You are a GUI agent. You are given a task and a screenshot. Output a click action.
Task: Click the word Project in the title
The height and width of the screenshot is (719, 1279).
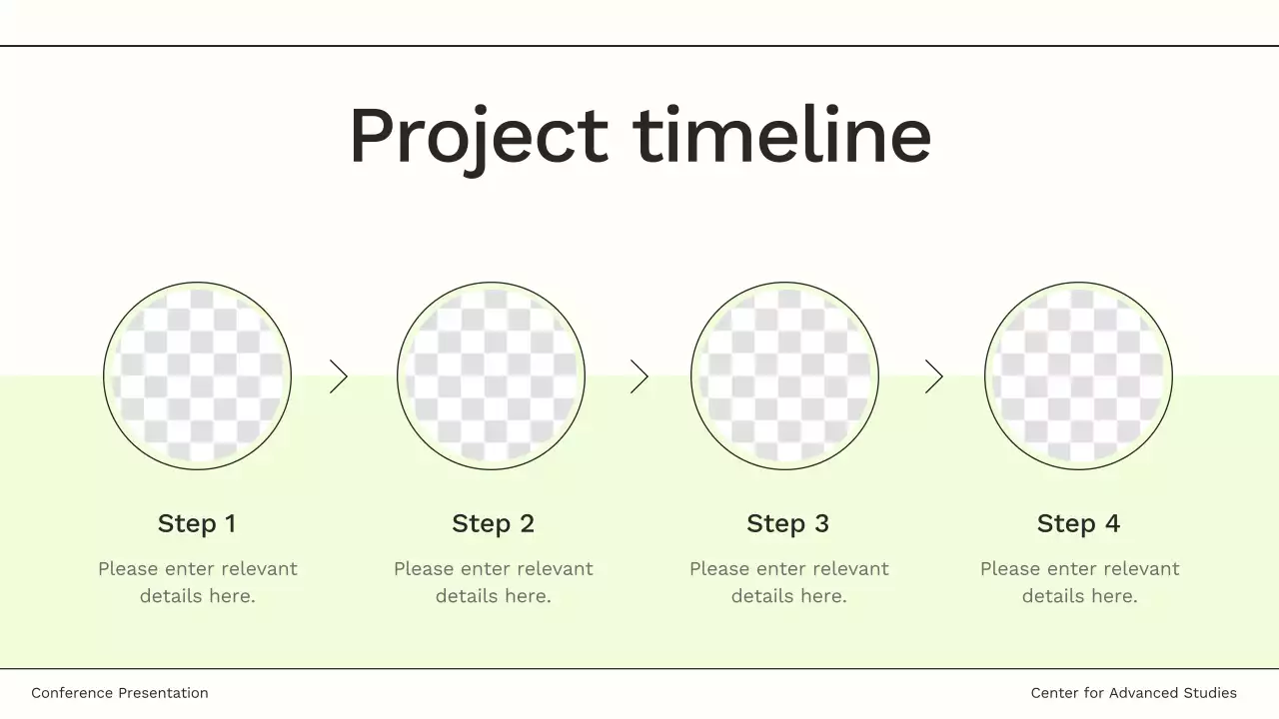click(x=478, y=136)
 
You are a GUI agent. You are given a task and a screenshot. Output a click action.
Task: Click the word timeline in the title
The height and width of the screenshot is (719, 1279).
click(x=782, y=136)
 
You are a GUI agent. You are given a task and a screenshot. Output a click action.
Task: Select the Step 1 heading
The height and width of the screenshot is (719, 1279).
click(x=197, y=523)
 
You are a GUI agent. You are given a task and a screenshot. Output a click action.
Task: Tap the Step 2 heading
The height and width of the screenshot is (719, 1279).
click(x=493, y=523)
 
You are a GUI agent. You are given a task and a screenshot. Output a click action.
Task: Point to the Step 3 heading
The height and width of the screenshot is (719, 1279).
click(x=787, y=523)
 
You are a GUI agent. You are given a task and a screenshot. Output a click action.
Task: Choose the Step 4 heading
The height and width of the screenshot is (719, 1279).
click(x=1078, y=523)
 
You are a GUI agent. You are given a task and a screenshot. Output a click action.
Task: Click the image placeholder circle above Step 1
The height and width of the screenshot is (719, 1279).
click(x=197, y=375)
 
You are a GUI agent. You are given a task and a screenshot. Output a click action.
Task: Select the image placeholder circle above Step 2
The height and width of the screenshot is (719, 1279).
click(x=491, y=375)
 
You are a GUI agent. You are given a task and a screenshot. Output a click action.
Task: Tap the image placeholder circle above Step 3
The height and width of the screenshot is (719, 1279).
click(x=784, y=375)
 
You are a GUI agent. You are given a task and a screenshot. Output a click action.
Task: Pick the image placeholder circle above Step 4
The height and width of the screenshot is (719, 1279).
click(x=1078, y=375)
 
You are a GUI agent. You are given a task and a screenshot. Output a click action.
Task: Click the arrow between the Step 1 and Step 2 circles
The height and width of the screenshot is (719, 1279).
click(x=339, y=376)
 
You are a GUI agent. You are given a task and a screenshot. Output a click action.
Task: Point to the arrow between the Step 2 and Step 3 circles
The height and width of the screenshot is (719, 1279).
click(x=639, y=376)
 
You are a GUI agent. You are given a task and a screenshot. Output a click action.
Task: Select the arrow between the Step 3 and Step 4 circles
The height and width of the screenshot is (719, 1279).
click(x=934, y=376)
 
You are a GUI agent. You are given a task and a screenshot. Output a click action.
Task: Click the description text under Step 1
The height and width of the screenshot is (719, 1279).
click(x=198, y=582)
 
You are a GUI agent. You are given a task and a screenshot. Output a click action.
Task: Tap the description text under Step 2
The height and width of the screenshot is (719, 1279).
click(x=494, y=582)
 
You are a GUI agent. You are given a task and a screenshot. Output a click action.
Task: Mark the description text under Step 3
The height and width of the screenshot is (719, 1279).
click(x=789, y=582)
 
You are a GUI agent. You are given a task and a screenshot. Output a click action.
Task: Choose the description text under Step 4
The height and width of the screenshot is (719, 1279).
click(x=1080, y=582)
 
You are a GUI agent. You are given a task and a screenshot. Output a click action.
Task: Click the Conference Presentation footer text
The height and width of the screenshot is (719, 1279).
click(x=120, y=693)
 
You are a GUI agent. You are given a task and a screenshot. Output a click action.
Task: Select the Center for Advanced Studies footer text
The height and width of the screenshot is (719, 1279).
click(x=1133, y=693)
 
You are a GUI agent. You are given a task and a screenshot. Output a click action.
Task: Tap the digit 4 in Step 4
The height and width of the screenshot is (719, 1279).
click(x=1112, y=523)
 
